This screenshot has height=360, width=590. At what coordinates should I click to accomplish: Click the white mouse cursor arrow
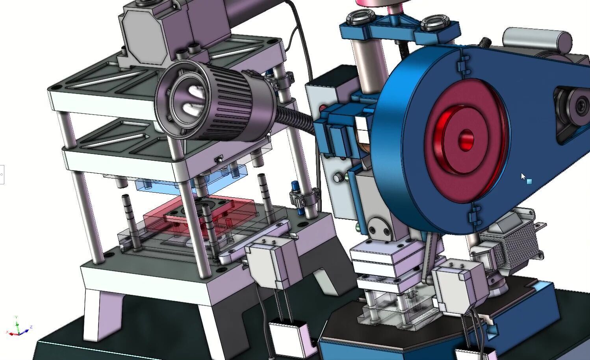(523, 176)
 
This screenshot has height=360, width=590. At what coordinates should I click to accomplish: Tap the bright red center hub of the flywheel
(466, 140)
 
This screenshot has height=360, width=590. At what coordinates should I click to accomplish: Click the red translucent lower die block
(197, 215)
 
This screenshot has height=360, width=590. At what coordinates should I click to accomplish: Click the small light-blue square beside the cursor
(529, 182)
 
